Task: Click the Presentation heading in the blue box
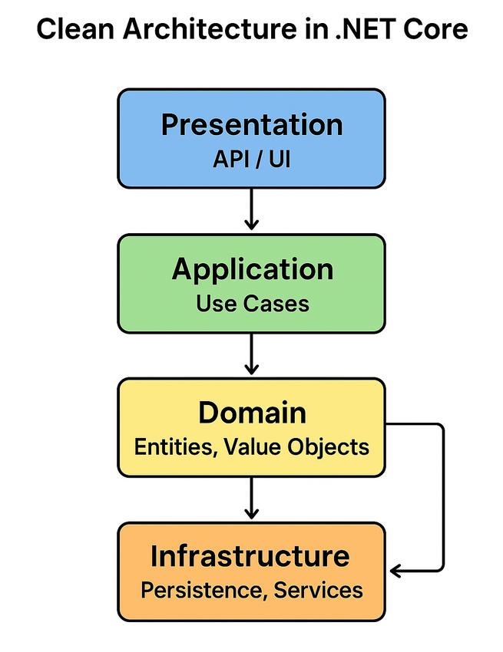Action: [x=252, y=125]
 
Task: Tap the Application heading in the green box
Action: [x=252, y=269]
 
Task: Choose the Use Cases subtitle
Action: [x=252, y=303]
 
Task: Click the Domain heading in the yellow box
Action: [x=252, y=413]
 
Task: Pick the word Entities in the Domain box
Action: [x=172, y=447]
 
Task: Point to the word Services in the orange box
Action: [x=319, y=590]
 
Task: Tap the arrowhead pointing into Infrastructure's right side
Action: [x=396, y=570]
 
